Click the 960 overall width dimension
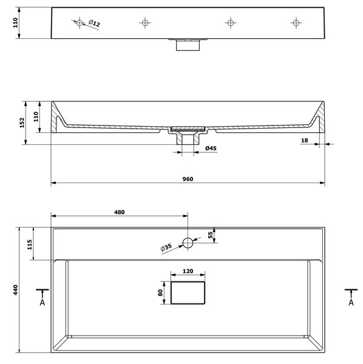coord(188,179)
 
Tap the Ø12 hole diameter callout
coord(94,24)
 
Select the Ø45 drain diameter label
coord(211,148)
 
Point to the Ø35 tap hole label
coord(166,248)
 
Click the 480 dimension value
coord(120,212)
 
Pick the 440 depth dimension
coord(15,290)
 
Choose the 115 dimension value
coord(30,244)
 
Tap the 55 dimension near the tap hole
coord(211,235)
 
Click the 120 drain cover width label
coord(188,271)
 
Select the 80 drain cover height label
coord(160,293)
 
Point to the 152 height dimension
coord(22,123)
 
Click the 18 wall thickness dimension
coord(305,141)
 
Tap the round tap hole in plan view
coord(188,243)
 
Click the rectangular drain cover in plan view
coord(188,293)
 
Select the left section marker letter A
coord(42,303)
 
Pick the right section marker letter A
coord(351,303)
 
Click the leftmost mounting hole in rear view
coord(80,23)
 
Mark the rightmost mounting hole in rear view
coord(296,23)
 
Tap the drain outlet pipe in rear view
coord(188,45)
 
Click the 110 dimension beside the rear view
coord(15,23)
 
